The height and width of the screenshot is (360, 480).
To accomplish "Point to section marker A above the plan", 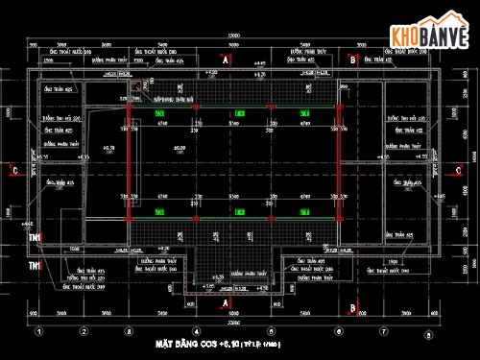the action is click(225, 60).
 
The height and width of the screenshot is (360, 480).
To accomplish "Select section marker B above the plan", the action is click(353, 60).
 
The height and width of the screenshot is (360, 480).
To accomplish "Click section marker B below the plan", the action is click(353, 308).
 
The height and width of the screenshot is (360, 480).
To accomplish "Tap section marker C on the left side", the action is click(14, 171).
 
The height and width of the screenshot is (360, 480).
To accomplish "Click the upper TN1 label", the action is click(35, 237).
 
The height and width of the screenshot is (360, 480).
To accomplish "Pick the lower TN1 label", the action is click(35, 264).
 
